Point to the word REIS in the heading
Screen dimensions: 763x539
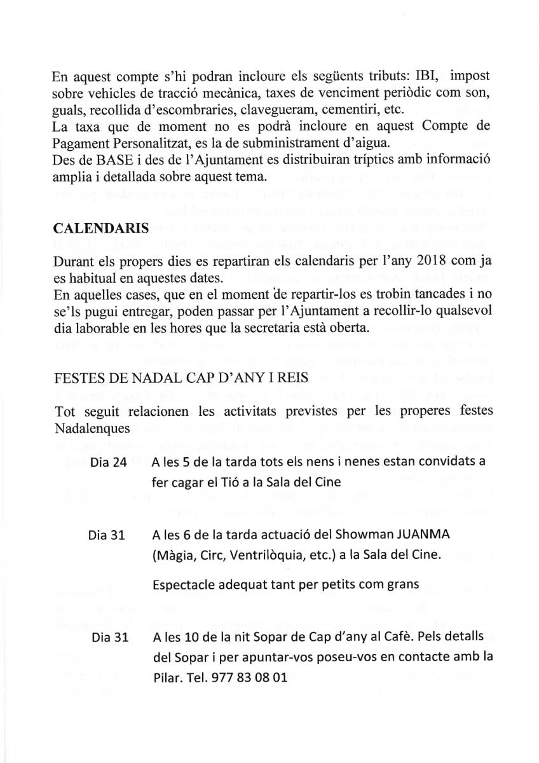292,378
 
